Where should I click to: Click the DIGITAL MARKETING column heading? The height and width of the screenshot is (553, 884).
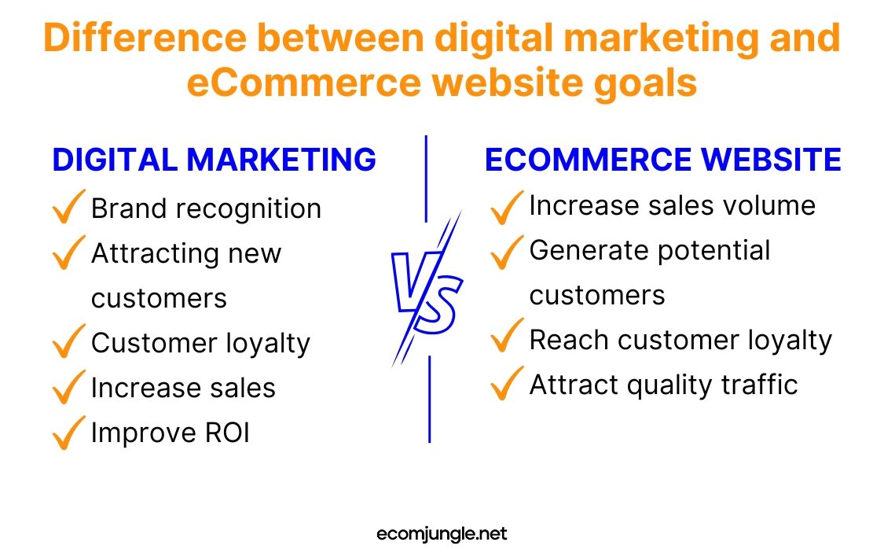click(x=214, y=160)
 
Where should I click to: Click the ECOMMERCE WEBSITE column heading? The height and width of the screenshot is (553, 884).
click(x=662, y=160)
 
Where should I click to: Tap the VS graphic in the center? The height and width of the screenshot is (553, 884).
click(x=427, y=289)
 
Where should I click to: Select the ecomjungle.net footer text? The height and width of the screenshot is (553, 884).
click(x=442, y=534)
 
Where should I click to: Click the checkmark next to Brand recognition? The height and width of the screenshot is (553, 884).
click(x=68, y=208)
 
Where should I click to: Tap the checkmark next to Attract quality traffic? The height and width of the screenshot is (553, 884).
click(x=506, y=384)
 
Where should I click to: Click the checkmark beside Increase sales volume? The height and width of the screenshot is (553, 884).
click(x=506, y=206)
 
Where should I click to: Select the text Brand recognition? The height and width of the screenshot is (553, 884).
click(x=206, y=209)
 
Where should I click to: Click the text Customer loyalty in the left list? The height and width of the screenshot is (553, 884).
click(x=200, y=344)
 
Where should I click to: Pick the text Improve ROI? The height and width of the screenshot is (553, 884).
click(x=170, y=433)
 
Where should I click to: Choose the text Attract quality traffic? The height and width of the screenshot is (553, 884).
click(x=663, y=385)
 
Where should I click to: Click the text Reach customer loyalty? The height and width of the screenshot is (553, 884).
click(x=680, y=340)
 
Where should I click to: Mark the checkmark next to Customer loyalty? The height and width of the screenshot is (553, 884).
click(x=68, y=342)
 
